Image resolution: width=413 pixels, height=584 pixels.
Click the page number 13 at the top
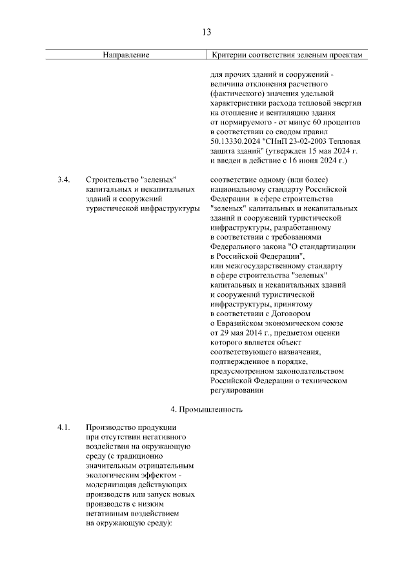pyautogui.click(x=206, y=32)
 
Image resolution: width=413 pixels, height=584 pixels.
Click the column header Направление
pyautogui.click(x=126, y=55)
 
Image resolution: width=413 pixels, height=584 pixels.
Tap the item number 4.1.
pyautogui.click(x=63, y=428)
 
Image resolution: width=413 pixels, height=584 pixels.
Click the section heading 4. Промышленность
pyautogui.click(x=206, y=409)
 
